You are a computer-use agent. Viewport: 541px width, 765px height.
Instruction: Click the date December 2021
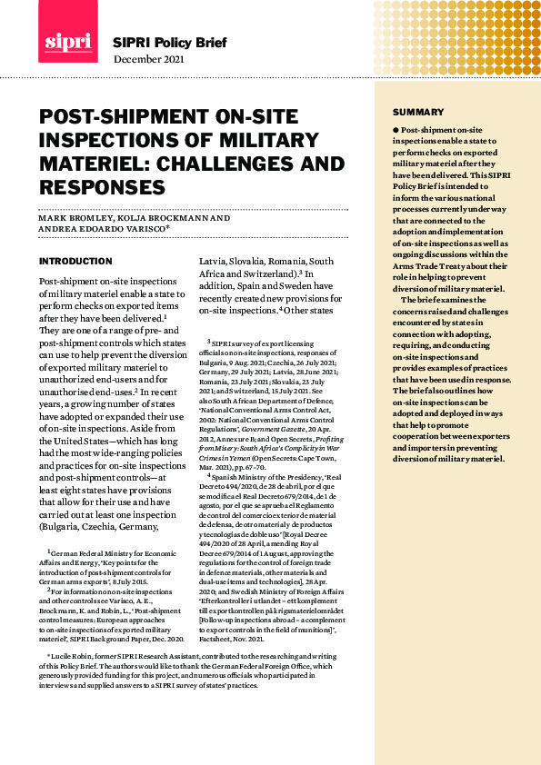tap(148, 59)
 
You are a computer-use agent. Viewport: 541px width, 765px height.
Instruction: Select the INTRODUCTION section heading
tap(75, 261)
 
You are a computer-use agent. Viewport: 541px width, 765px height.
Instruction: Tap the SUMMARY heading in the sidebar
tap(418, 112)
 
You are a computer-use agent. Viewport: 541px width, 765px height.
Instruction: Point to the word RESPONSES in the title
tap(102, 187)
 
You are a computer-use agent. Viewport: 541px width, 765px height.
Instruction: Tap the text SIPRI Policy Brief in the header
tap(169, 43)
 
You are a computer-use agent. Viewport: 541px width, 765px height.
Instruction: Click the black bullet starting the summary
tap(396, 131)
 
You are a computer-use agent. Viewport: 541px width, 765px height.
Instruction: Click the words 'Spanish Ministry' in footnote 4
tap(245, 475)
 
